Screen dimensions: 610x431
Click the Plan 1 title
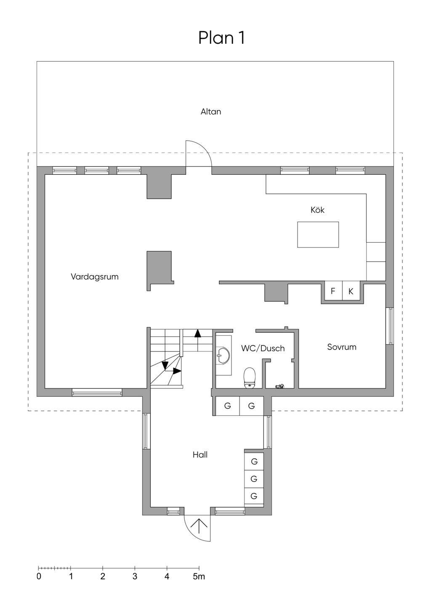click(x=221, y=38)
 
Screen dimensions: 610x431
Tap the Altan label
click(x=211, y=112)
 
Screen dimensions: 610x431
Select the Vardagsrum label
click(x=94, y=277)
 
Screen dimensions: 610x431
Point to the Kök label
click(x=317, y=210)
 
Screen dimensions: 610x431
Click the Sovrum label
click(x=342, y=347)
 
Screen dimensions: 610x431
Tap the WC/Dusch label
click(x=263, y=348)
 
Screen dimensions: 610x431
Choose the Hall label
click(x=200, y=455)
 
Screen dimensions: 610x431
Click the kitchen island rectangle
click(x=318, y=235)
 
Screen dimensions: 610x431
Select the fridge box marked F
click(x=333, y=291)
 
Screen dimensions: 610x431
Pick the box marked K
click(x=351, y=291)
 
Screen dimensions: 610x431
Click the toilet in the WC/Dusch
click(x=250, y=377)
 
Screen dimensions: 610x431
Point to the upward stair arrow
click(x=197, y=334)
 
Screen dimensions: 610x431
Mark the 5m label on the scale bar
click(x=199, y=576)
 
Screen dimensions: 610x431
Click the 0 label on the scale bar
click(x=39, y=576)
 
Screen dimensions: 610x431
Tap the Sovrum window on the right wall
click(x=390, y=326)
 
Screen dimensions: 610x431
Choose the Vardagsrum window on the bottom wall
click(x=97, y=393)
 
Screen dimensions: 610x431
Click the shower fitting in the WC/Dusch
click(x=280, y=385)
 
